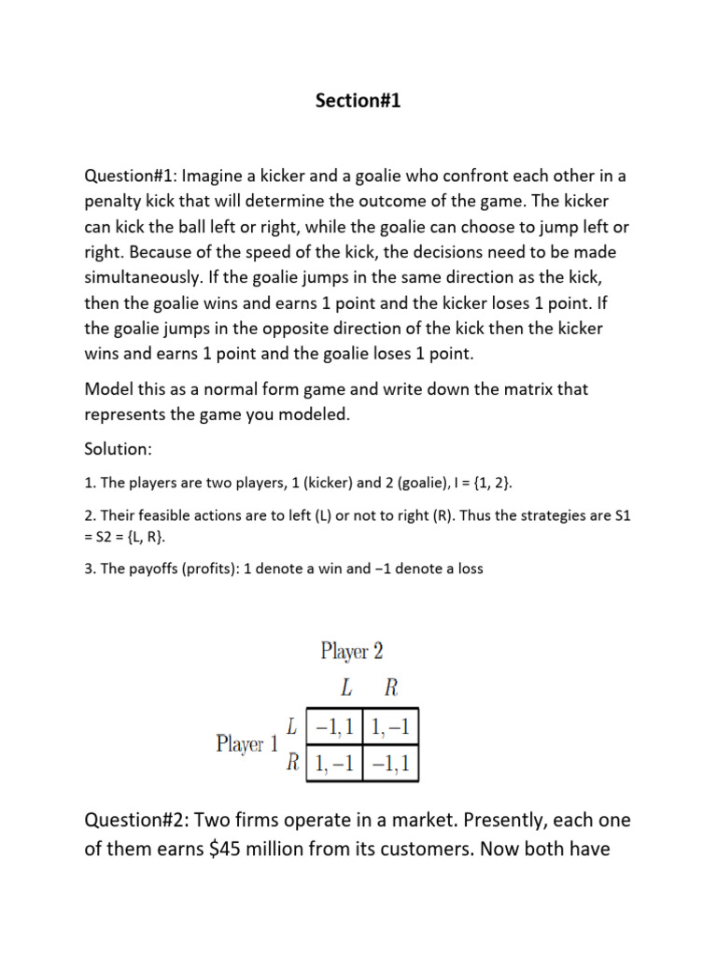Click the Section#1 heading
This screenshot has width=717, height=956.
click(x=358, y=102)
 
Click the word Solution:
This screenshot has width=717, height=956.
click(x=118, y=448)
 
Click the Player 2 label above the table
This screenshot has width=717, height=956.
click(x=352, y=650)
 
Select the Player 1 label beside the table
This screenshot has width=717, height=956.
click(x=247, y=744)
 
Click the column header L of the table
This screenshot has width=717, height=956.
click(x=346, y=688)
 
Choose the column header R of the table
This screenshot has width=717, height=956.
click(x=391, y=688)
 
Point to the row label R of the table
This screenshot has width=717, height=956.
click(x=293, y=763)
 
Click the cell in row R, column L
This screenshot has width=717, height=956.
click(x=335, y=763)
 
